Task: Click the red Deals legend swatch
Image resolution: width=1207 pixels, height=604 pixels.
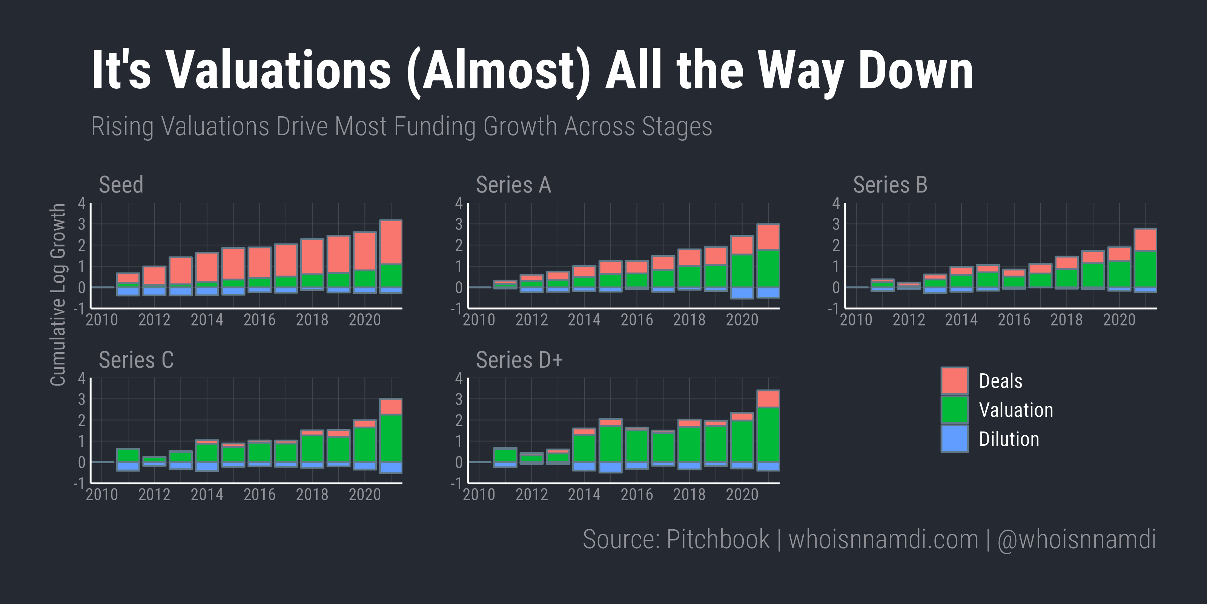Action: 954,380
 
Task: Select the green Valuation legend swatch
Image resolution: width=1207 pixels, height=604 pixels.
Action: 954,409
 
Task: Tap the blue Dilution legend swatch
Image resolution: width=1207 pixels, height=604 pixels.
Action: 954,438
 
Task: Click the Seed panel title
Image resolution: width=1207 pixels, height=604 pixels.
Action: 121,184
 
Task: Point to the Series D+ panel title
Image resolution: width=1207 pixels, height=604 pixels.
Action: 519,360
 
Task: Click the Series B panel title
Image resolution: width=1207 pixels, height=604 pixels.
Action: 890,184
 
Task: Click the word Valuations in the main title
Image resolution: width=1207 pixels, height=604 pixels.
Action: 278,70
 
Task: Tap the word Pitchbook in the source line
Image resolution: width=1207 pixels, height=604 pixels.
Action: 717,539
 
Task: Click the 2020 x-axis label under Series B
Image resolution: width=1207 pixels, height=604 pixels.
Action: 1119,320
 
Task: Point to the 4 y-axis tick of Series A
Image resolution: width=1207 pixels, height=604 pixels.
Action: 459,203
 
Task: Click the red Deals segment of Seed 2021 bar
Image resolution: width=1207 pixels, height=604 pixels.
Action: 391,242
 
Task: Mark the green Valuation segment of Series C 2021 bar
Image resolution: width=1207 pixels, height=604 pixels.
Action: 391,438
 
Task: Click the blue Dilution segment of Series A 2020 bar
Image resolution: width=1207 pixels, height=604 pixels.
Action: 742,293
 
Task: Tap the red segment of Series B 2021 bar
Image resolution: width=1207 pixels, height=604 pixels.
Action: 1145,240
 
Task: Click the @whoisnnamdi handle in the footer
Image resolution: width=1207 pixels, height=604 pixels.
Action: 1076,539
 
